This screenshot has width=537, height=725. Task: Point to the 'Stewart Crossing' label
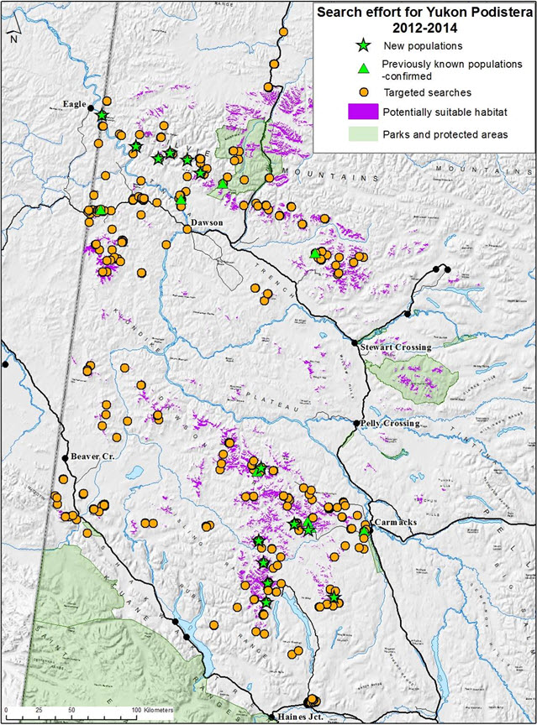[394, 347]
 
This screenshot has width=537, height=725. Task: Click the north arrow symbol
[13, 32]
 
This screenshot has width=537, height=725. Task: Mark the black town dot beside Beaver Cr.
[65, 457]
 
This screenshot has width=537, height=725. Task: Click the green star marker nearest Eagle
[103, 115]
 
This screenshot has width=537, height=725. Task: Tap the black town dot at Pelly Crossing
[356, 424]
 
